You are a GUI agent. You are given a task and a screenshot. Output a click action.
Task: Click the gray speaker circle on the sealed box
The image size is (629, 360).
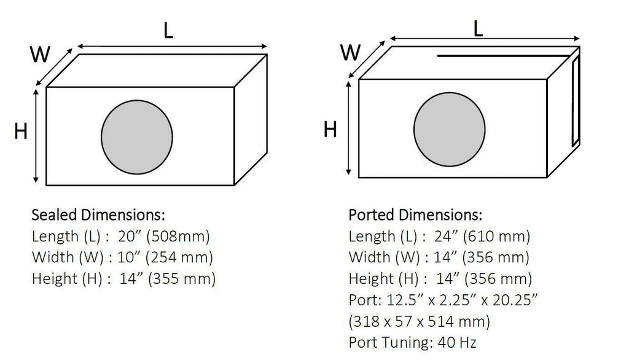137,137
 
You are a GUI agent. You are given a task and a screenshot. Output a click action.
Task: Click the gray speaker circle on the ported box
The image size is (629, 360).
449,130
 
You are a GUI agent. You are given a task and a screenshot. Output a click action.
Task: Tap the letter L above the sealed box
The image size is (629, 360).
168,30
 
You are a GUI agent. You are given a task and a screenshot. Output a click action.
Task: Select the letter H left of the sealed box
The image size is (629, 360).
21,131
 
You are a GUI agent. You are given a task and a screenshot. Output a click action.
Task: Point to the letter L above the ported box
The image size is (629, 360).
478,28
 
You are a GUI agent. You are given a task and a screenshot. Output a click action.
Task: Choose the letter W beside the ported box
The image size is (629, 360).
351,52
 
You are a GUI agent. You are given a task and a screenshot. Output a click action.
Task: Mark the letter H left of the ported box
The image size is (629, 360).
330,130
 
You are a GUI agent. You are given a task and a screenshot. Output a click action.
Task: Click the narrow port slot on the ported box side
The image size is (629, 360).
575,100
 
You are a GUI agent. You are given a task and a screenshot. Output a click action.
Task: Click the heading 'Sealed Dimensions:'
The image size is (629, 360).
98,215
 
